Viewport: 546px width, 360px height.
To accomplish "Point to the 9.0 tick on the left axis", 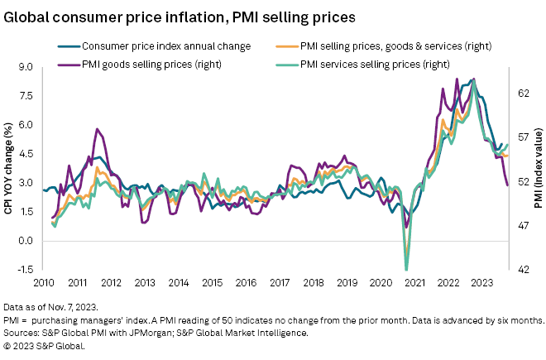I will click(x=25, y=67).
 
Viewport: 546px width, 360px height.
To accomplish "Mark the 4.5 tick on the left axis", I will click(x=25, y=154).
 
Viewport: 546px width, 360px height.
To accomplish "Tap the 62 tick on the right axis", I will click(x=523, y=94).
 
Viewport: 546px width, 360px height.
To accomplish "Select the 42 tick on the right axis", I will click(x=523, y=270).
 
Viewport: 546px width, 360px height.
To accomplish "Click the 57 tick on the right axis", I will click(x=523, y=137).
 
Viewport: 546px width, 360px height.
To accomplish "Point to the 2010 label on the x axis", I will click(x=44, y=283).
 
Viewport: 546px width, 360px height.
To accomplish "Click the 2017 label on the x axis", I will click(x=280, y=283).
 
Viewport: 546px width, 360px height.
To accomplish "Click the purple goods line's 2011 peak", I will click(x=97, y=129).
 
